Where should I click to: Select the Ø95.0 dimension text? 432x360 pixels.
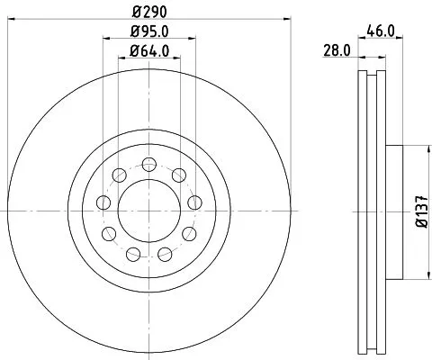click(x=148, y=32)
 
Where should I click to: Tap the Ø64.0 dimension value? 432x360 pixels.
click(x=148, y=51)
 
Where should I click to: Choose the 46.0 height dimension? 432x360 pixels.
click(x=382, y=30)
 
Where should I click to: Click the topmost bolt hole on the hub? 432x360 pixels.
click(x=148, y=163)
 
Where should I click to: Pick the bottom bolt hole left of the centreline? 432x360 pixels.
click(x=132, y=253)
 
